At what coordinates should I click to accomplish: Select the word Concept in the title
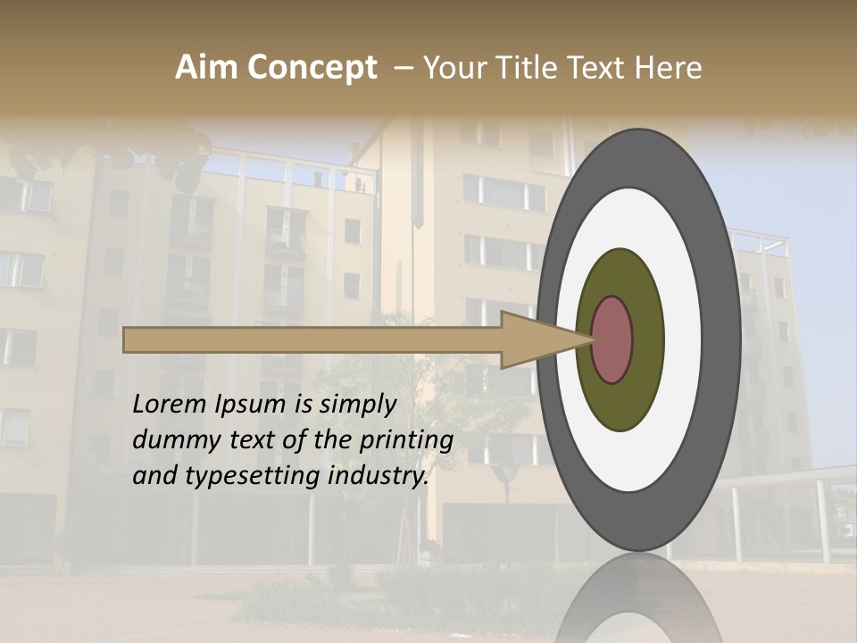[x=312, y=68]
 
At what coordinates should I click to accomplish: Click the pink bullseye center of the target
[x=612, y=339]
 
